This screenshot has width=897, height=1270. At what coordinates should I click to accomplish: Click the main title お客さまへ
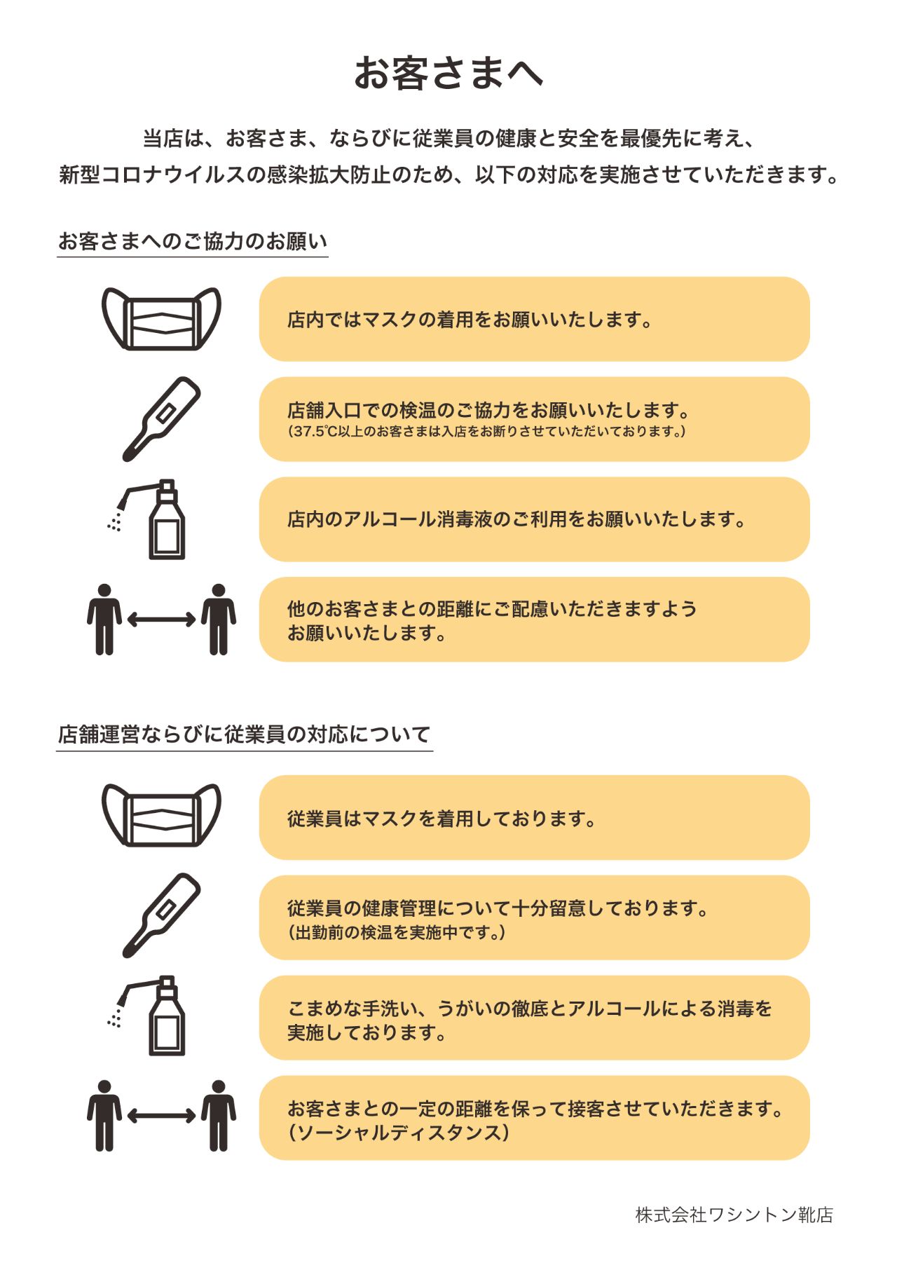448,73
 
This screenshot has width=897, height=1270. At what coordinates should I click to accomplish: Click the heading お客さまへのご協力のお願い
193,241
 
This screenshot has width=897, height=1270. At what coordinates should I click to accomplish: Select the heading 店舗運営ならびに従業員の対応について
244,735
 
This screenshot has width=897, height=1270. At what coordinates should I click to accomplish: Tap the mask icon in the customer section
161,319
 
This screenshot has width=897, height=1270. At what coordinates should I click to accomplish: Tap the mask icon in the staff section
161,815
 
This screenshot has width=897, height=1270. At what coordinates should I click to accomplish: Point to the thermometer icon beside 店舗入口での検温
161,419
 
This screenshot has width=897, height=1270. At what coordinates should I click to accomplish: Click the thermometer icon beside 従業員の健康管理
161,915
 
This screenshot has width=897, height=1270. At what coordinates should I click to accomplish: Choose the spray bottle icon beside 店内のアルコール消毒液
147,519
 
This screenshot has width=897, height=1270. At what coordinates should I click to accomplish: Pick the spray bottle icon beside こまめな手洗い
147,1016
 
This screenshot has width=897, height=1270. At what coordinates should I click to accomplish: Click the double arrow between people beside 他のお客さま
161,619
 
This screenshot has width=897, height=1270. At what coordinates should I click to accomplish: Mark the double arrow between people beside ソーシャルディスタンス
161,1116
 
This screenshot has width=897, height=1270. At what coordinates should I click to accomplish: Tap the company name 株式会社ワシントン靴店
734,1215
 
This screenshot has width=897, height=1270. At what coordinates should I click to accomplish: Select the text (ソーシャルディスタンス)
398,1133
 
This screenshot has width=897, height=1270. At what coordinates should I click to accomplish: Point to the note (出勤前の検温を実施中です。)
397,932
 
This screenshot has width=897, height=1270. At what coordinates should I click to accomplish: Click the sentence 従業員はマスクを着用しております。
441,819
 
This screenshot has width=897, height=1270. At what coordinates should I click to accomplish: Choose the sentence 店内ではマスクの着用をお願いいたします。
470,320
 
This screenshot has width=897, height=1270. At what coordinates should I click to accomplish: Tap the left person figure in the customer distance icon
104,620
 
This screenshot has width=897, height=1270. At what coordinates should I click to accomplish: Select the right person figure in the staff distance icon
219,1116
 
